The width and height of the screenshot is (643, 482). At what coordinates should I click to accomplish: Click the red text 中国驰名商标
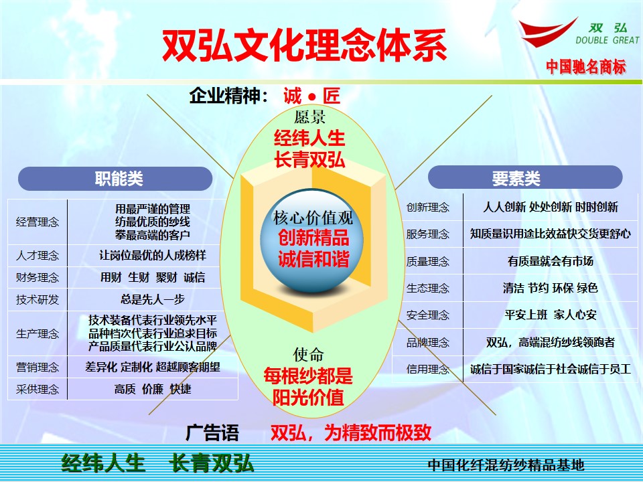point(585,66)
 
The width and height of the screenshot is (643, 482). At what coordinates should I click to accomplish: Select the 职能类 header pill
point(115,178)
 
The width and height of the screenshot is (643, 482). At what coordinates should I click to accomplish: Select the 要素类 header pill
point(524,178)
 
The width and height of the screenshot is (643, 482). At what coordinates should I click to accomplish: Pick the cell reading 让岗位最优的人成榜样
point(153,256)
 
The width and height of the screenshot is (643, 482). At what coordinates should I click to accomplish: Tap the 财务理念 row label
point(38,277)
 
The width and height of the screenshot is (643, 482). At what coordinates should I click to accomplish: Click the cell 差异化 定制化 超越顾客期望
point(153,367)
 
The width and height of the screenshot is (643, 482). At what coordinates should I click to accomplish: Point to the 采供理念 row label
point(38,389)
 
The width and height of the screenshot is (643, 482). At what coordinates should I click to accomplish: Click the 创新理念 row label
point(427,207)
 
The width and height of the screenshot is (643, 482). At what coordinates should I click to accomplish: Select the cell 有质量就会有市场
point(550,261)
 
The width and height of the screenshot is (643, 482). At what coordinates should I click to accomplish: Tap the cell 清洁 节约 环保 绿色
point(550,288)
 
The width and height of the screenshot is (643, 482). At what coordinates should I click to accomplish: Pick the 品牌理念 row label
point(427,343)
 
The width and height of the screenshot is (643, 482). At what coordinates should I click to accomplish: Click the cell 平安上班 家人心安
point(550,315)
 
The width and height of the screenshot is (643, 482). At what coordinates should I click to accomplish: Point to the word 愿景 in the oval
point(309,117)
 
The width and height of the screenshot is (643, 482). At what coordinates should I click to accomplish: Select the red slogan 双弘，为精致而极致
point(350,432)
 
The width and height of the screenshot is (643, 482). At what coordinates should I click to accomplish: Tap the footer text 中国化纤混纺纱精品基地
point(505,465)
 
